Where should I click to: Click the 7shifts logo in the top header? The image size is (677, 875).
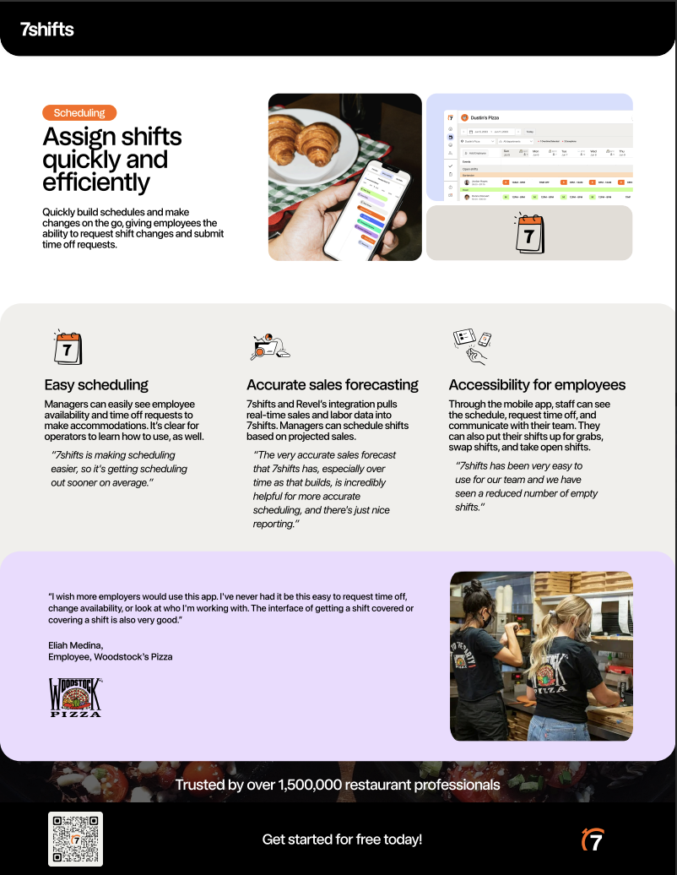coord(47,30)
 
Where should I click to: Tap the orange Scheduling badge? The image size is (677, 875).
coord(79,112)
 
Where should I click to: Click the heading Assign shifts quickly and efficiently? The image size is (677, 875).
coord(112,160)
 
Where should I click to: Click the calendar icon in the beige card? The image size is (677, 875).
coord(529,234)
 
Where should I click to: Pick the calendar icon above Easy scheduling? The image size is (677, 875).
coord(68,347)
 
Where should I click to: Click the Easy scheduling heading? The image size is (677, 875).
coord(96,385)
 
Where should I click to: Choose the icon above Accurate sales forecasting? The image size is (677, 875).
coord(271,346)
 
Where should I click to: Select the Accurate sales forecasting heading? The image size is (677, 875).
coord(333,385)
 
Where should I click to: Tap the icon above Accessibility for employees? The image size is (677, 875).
coord(472,345)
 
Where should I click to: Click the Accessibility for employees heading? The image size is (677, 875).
coord(537,385)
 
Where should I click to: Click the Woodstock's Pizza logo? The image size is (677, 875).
coord(75,698)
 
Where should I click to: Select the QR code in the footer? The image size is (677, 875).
coord(75,840)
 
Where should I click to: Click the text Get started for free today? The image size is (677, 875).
coord(342,840)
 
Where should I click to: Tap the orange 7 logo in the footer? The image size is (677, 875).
coord(593,840)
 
